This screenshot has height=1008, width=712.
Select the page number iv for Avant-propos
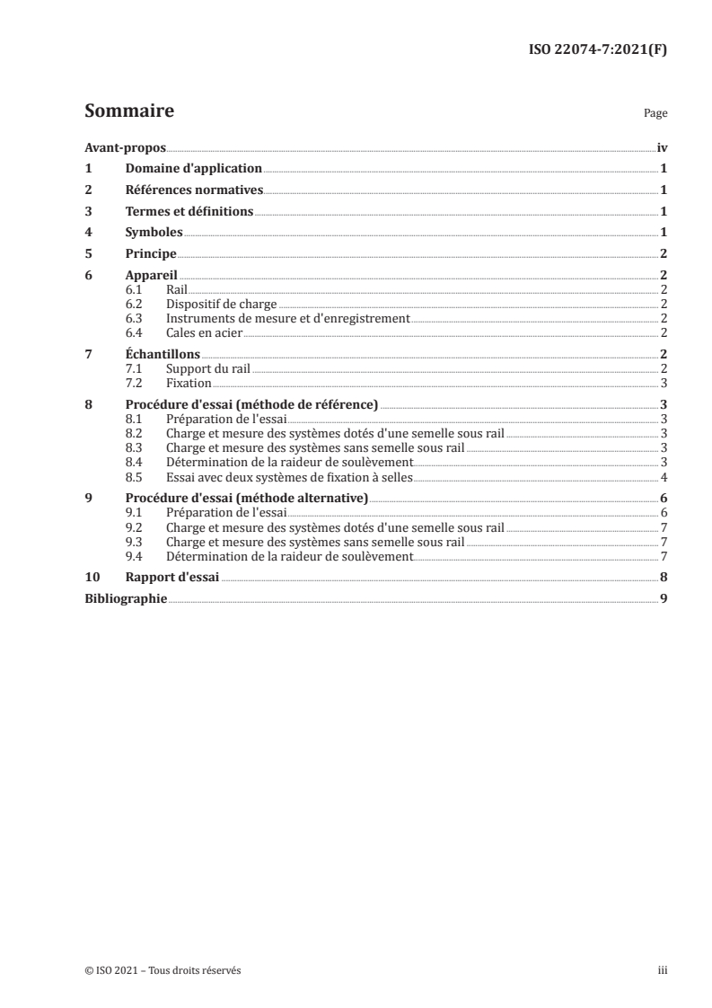(x=662, y=146)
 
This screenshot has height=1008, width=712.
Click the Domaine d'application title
(x=193, y=168)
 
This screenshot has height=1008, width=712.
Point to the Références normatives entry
(x=194, y=190)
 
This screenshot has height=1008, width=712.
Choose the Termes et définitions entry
(x=189, y=211)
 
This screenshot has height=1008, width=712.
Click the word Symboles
(x=154, y=233)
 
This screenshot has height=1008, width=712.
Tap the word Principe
(x=151, y=254)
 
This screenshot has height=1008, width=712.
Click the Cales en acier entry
(x=205, y=332)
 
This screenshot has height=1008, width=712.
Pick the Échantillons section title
(x=163, y=354)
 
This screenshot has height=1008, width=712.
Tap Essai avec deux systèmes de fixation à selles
(x=289, y=476)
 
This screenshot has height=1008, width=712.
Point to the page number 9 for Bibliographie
(x=663, y=598)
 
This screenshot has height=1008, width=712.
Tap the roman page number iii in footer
(x=663, y=970)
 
